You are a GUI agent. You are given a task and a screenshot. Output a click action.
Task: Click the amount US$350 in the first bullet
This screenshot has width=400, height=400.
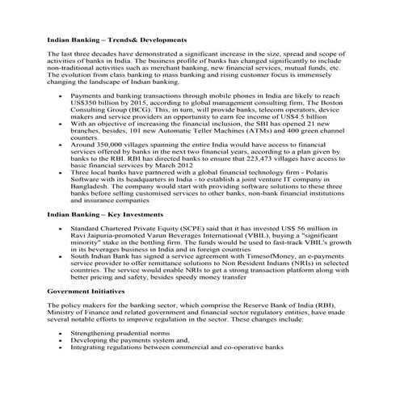tap(88, 103)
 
